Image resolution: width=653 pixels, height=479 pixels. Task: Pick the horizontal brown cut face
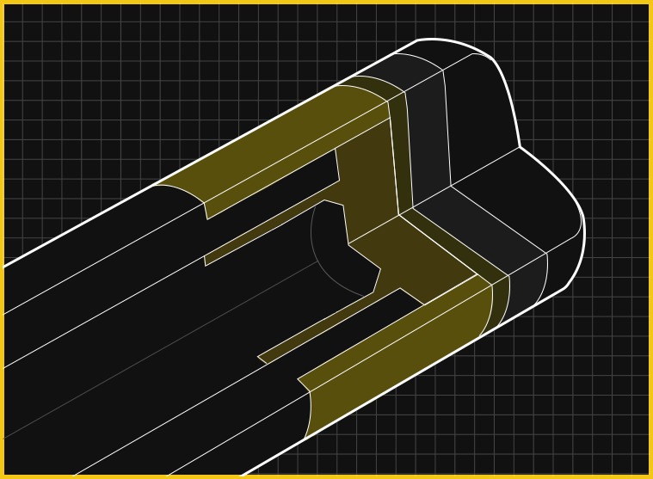pos(413,262)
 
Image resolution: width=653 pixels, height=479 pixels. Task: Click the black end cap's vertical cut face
pos(482,120)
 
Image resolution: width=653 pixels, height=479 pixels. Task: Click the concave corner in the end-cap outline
pos(520,147)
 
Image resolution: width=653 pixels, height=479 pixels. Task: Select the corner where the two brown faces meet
pos(398,215)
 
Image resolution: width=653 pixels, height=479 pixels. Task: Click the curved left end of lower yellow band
pos(308,413)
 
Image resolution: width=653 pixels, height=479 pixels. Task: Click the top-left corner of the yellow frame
pos(3,3)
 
